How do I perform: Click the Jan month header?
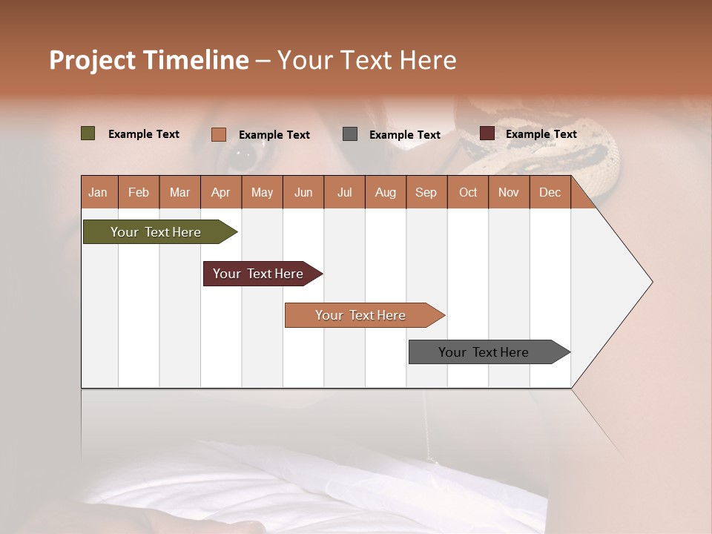click(x=98, y=192)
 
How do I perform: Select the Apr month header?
click(x=220, y=192)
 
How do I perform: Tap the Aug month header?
click(x=385, y=192)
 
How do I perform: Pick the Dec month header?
click(x=550, y=192)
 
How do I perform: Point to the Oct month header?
click(x=467, y=192)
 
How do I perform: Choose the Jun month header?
click(x=303, y=192)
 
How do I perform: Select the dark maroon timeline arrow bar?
click(x=260, y=274)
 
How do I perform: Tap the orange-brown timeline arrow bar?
click(x=362, y=315)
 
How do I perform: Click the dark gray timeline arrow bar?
click(x=486, y=352)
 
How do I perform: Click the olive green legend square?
click(x=88, y=133)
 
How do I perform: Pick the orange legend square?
click(x=218, y=134)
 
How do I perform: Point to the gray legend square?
click(x=350, y=134)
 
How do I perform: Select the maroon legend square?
click(x=487, y=133)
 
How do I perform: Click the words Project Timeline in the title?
click(x=148, y=60)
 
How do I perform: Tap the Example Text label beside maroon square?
click(x=541, y=133)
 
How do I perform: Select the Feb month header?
click(x=138, y=192)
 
